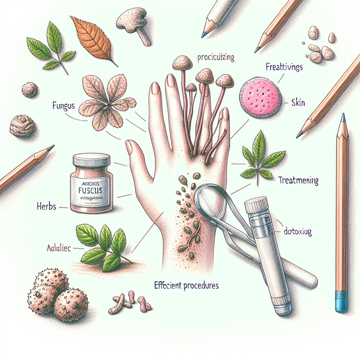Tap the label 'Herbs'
tap(46, 206)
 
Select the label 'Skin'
tap(298, 103)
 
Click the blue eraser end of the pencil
tap(341, 301)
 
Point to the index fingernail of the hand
tap(154, 88)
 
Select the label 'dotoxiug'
tap(297, 232)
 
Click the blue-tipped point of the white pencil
tap(203, 35)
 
